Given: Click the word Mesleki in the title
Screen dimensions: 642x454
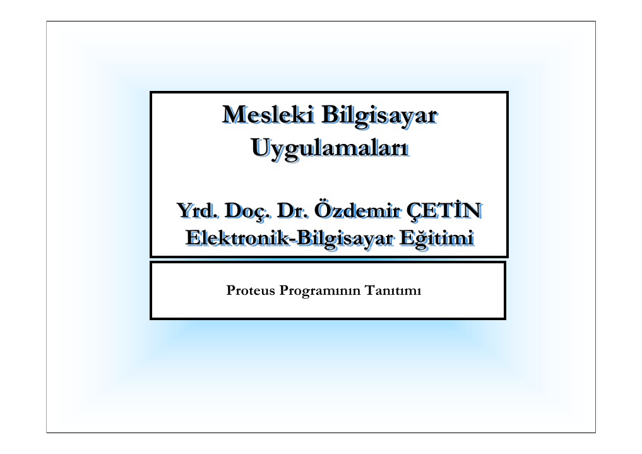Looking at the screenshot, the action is coord(268,115).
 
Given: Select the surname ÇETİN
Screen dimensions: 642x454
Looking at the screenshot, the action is coord(444,210).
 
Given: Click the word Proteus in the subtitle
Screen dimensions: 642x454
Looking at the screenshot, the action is coord(251,290).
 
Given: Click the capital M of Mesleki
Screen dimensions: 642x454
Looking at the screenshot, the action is coord(234,115).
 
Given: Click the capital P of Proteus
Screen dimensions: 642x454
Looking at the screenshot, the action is coord(231,290).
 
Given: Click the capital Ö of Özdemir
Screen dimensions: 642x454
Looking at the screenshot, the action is coord(323,209).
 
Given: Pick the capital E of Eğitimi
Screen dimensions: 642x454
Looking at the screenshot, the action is coord(408,238).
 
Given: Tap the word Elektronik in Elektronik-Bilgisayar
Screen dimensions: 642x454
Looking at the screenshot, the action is coord(238,238).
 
